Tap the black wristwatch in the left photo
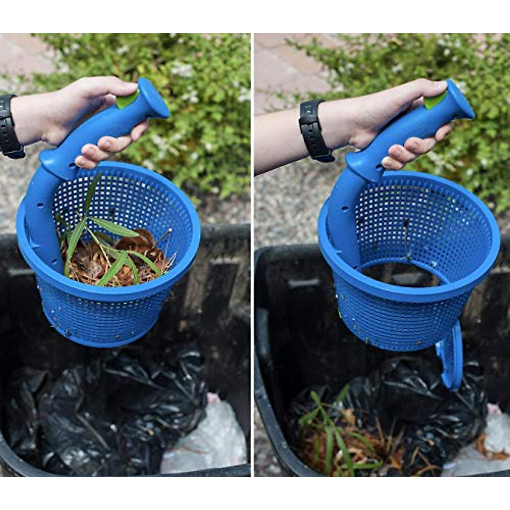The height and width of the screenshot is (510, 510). (x=9, y=127)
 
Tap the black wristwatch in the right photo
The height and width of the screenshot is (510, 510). (x=314, y=131)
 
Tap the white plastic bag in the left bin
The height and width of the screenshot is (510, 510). (x=208, y=442)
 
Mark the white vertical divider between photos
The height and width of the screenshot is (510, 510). (x=252, y=255)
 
